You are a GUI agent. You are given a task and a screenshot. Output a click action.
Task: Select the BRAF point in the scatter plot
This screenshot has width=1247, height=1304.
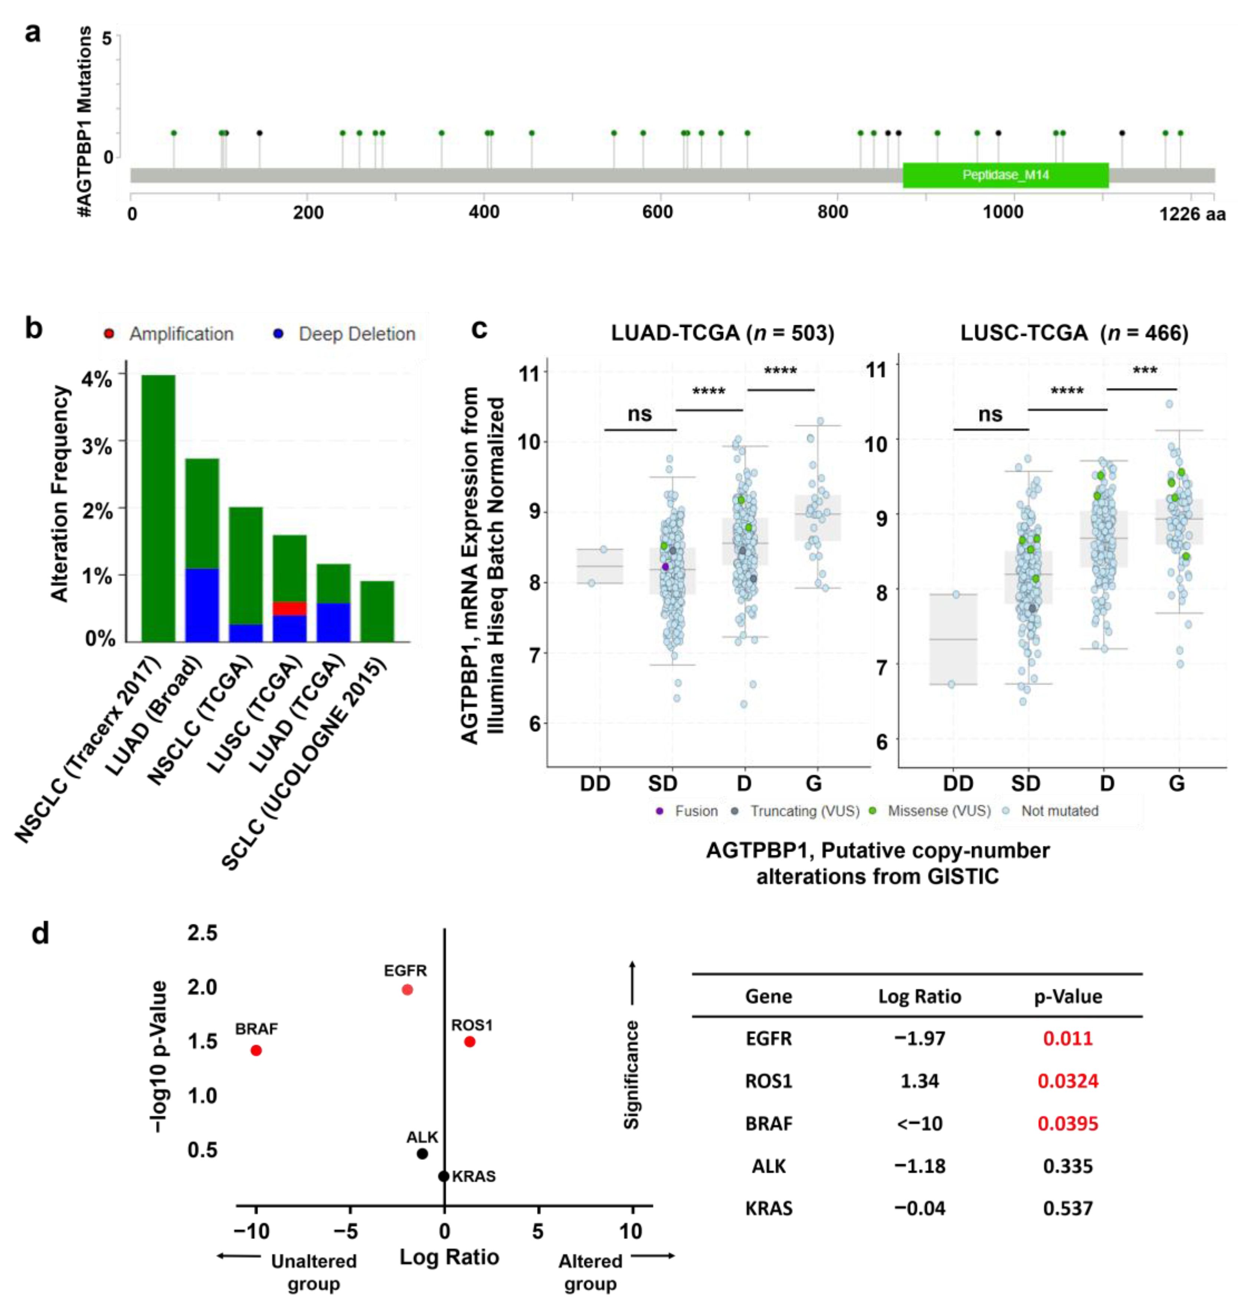tap(256, 1050)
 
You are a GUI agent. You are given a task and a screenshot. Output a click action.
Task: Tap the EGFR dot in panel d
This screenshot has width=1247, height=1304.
tap(408, 990)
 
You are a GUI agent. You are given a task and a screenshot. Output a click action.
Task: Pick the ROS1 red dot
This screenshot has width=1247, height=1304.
tap(469, 1042)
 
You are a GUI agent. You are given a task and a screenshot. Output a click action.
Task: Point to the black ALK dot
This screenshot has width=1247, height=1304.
tap(422, 1154)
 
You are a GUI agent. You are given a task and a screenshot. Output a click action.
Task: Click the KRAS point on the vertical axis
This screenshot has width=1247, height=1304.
tap(444, 1176)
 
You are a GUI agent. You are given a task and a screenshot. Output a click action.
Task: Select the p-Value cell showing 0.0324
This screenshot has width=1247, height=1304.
tap(1067, 1081)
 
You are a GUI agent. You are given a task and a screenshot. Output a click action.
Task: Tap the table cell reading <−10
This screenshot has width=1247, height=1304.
tap(919, 1123)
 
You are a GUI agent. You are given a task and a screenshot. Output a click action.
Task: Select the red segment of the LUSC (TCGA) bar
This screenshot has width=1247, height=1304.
tap(289, 608)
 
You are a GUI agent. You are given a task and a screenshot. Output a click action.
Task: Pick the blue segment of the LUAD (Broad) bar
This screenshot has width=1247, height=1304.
tap(202, 605)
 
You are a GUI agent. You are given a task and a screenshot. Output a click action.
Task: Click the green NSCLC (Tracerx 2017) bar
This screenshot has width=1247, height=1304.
tap(158, 508)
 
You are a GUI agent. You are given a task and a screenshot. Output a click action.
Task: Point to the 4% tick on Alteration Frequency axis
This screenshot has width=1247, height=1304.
tap(97, 379)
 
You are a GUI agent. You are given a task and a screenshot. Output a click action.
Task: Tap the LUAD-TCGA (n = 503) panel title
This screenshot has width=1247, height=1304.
tap(723, 332)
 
